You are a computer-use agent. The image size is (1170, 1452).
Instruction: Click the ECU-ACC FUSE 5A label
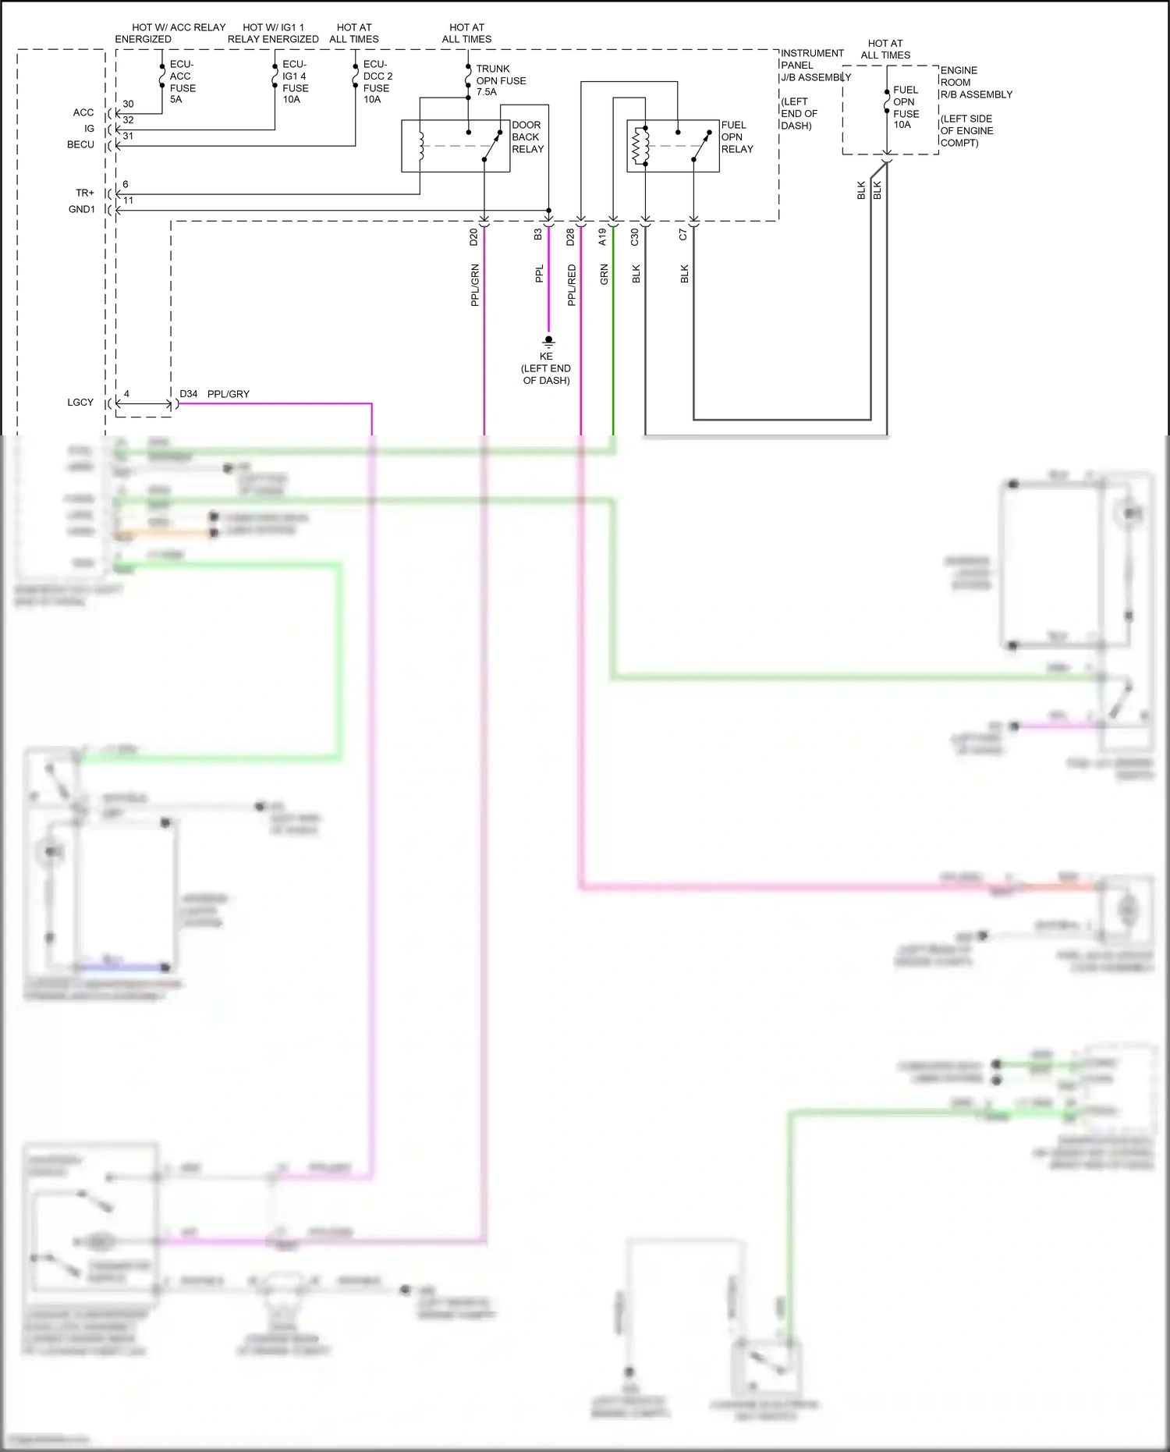coord(183,82)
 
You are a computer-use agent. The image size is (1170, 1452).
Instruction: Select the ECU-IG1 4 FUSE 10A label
coord(295,82)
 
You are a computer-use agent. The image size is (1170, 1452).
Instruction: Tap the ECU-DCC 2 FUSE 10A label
coord(378,82)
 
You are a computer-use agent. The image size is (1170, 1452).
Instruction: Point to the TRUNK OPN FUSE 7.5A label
coord(501,80)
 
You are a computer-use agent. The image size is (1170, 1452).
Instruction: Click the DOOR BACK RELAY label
coord(527,137)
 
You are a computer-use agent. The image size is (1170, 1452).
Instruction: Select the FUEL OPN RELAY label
coord(736,137)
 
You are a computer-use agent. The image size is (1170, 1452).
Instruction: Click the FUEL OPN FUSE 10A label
coord(906,107)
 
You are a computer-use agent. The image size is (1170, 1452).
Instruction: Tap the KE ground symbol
coord(548,341)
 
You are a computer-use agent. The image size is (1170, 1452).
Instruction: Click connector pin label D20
coord(473,237)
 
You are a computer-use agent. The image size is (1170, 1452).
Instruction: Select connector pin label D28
coord(570,237)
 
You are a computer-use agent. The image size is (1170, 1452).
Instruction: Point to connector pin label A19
coord(602,237)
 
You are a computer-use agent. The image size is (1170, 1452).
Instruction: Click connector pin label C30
coord(635,237)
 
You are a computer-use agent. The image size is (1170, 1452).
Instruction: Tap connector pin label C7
coord(683,235)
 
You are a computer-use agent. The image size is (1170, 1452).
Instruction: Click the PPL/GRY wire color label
coord(229,394)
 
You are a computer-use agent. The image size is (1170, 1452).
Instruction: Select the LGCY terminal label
coord(80,403)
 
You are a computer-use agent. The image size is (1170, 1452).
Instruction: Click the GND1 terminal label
coord(82,209)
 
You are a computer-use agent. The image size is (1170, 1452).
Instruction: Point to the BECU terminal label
coord(80,144)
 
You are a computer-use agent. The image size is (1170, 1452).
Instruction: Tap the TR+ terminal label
coord(85,193)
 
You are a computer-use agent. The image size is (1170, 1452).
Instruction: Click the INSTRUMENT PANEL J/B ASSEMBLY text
coord(815,66)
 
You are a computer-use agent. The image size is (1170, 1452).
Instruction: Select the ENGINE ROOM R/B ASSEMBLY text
coord(976,82)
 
